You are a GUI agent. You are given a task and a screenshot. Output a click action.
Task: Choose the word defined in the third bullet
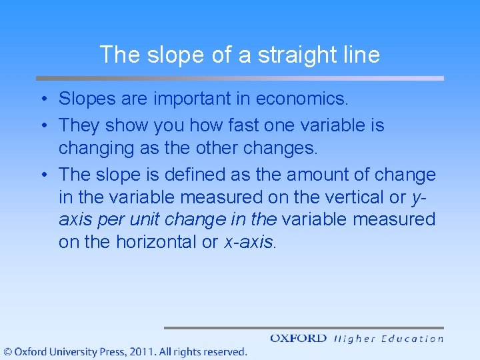pos(182,175)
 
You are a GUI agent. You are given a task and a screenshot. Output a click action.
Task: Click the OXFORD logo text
pos(299,339)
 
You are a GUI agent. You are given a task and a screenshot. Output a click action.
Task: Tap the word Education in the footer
pos(412,339)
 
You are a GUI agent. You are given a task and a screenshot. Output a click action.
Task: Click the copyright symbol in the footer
pos(8,351)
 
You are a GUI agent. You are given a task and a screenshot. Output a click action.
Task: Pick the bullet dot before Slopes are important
pos(43,100)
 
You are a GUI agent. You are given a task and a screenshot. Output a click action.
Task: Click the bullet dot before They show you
pos(43,125)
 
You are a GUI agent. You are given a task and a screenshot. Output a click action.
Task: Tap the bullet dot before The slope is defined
pos(43,175)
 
